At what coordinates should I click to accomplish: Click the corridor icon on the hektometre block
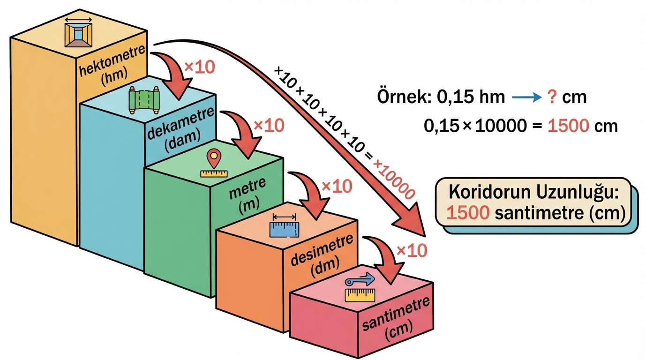(x=78, y=32)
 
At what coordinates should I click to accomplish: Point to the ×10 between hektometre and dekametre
(x=199, y=67)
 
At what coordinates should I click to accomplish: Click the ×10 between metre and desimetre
(x=337, y=187)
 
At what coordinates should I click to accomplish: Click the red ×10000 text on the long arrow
(x=394, y=179)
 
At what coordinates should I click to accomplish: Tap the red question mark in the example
(x=553, y=97)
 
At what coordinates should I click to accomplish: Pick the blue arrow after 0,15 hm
(x=526, y=98)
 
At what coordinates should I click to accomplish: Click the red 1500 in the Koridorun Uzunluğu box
(x=468, y=213)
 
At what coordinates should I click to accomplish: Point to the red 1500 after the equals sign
(x=568, y=126)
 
